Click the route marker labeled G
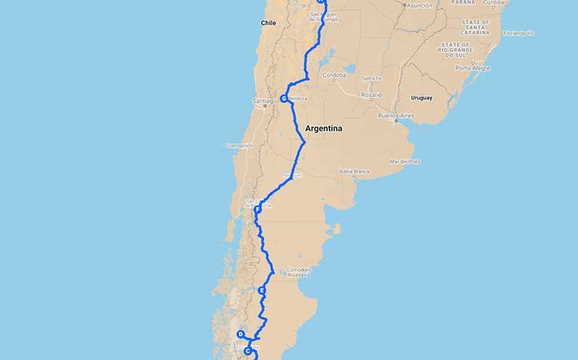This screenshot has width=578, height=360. click(x=283, y=99)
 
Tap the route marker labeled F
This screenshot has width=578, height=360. click(x=258, y=209)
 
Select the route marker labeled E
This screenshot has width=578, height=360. click(x=262, y=291)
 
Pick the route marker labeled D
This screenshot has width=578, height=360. click(x=240, y=335)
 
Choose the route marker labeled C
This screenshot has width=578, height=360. click(x=247, y=351)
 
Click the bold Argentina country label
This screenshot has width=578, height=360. click(x=323, y=129)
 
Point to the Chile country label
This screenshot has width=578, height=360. click(x=268, y=23)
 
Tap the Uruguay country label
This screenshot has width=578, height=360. click(x=421, y=97)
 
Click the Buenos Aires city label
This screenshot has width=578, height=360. click(x=395, y=116)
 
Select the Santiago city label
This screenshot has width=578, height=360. click(x=263, y=101)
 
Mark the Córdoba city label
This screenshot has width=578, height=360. click(x=335, y=75)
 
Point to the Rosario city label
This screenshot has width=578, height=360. click(x=372, y=94)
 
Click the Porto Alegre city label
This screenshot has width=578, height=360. click(x=472, y=68)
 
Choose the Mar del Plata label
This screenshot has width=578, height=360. click(x=405, y=161)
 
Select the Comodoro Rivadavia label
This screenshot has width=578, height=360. click(x=299, y=272)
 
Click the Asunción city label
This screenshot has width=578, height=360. click(x=419, y=5)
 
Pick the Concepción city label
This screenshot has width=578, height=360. click(x=239, y=145)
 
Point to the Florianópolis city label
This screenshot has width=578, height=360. click(x=518, y=33)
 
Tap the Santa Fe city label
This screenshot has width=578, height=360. click(x=372, y=78)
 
